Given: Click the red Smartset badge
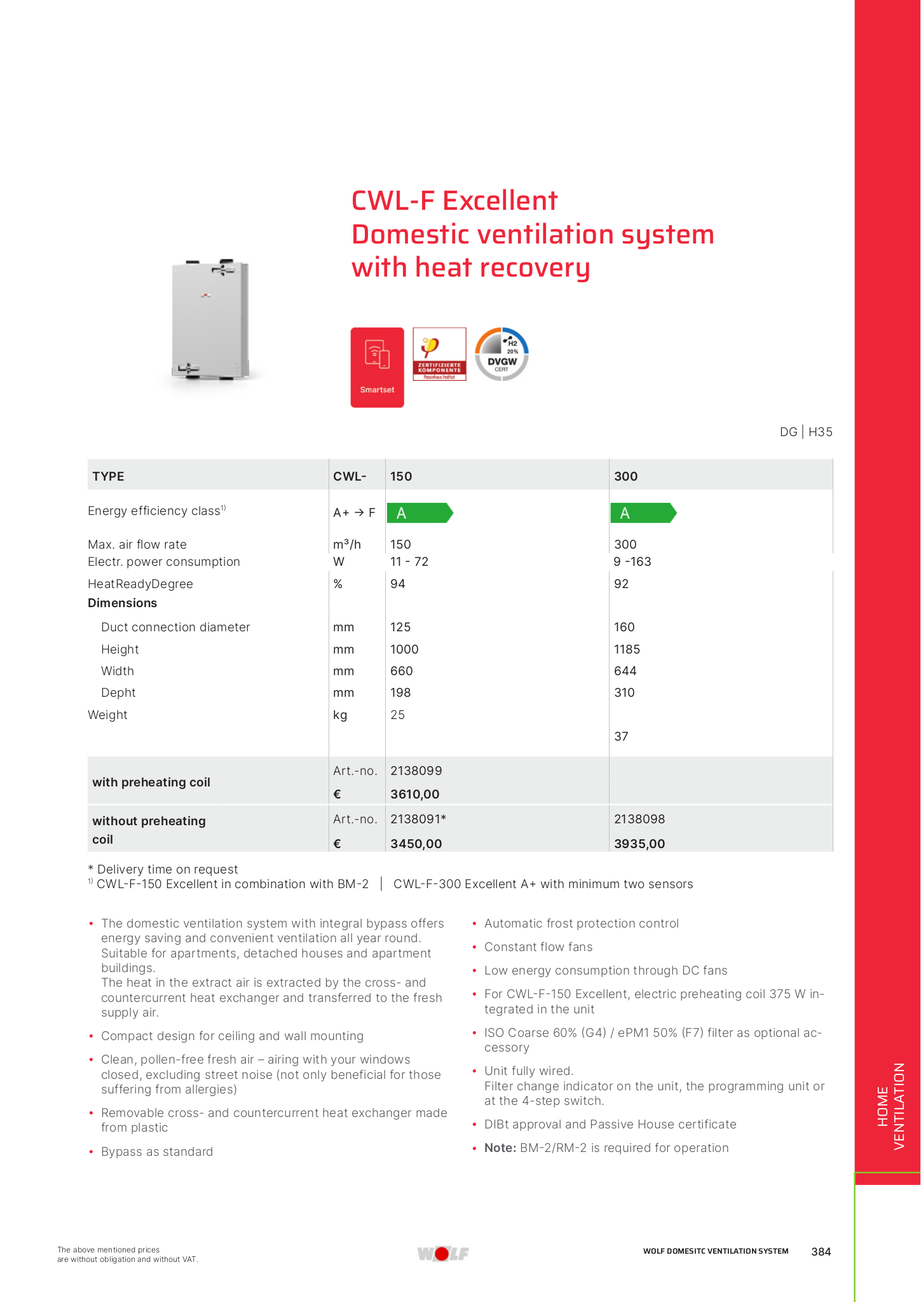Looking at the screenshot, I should pyautogui.click(x=377, y=367).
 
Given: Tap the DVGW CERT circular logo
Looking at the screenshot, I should pyautogui.click(x=501, y=354).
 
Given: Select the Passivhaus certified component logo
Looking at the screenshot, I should pyautogui.click(x=439, y=354).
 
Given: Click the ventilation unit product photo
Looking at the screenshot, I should pyautogui.click(x=210, y=320).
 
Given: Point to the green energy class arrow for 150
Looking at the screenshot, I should pyautogui.click(x=420, y=513).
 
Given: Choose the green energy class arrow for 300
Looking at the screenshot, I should pyautogui.click(x=643, y=513).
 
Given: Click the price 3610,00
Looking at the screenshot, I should pyautogui.click(x=415, y=794).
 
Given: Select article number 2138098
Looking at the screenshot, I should pyautogui.click(x=639, y=819).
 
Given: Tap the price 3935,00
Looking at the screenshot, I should pyautogui.click(x=639, y=844).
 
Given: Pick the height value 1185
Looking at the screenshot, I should pyautogui.click(x=627, y=649).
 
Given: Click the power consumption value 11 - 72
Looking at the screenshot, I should pyautogui.click(x=409, y=561).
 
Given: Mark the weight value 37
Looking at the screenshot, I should pyautogui.click(x=621, y=736).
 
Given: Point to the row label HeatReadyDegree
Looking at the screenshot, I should pyautogui.click(x=140, y=584).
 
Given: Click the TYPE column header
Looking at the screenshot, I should pyautogui.click(x=108, y=476).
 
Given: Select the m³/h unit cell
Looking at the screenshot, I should pyautogui.click(x=346, y=544).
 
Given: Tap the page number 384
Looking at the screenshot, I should pyautogui.click(x=821, y=1251).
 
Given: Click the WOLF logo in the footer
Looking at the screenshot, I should pyautogui.click(x=443, y=1253).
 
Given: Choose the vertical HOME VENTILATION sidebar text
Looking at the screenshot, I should pyautogui.click(x=890, y=1106).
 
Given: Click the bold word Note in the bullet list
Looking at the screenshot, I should pyautogui.click(x=500, y=1148).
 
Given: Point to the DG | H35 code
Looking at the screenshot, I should pyautogui.click(x=805, y=432).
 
